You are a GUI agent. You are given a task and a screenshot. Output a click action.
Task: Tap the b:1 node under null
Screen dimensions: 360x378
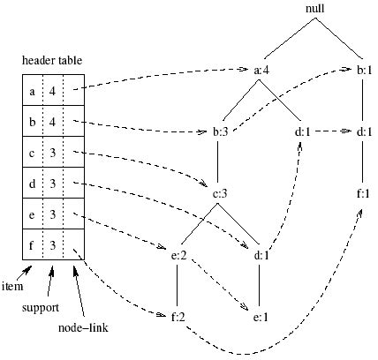pyautogui.click(x=363, y=71)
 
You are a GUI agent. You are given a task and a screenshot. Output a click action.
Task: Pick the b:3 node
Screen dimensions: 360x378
pyautogui.click(x=223, y=133)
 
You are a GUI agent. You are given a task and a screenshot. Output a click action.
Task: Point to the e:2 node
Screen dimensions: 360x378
pyautogui.click(x=180, y=255)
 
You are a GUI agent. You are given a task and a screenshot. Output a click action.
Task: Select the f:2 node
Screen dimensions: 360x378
pyautogui.click(x=180, y=315)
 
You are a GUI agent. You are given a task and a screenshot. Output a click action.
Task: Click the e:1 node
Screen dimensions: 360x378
pyautogui.click(x=261, y=315)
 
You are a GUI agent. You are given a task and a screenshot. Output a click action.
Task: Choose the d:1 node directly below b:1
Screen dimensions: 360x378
pyautogui.click(x=363, y=133)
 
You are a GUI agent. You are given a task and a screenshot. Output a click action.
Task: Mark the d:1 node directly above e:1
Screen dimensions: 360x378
pyautogui.click(x=261, y=255)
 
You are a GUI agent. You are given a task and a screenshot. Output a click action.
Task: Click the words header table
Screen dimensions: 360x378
pyautogui.click(x=53, y=59)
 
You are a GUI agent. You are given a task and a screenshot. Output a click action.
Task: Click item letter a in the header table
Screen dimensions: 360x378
pyautogui.click(x=33, y=90)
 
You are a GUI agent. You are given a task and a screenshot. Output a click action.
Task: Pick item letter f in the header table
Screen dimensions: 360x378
pyautogui.click(x=33, y=244)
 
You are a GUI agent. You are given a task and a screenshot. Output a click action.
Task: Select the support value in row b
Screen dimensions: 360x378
pyautogui.click(x=53, y=121)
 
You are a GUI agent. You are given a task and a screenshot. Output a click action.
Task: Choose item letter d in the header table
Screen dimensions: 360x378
pyautogui.click(x=33, y=183)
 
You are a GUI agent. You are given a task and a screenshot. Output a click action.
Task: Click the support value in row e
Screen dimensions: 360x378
pyautogui.click(x=53, y=214)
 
